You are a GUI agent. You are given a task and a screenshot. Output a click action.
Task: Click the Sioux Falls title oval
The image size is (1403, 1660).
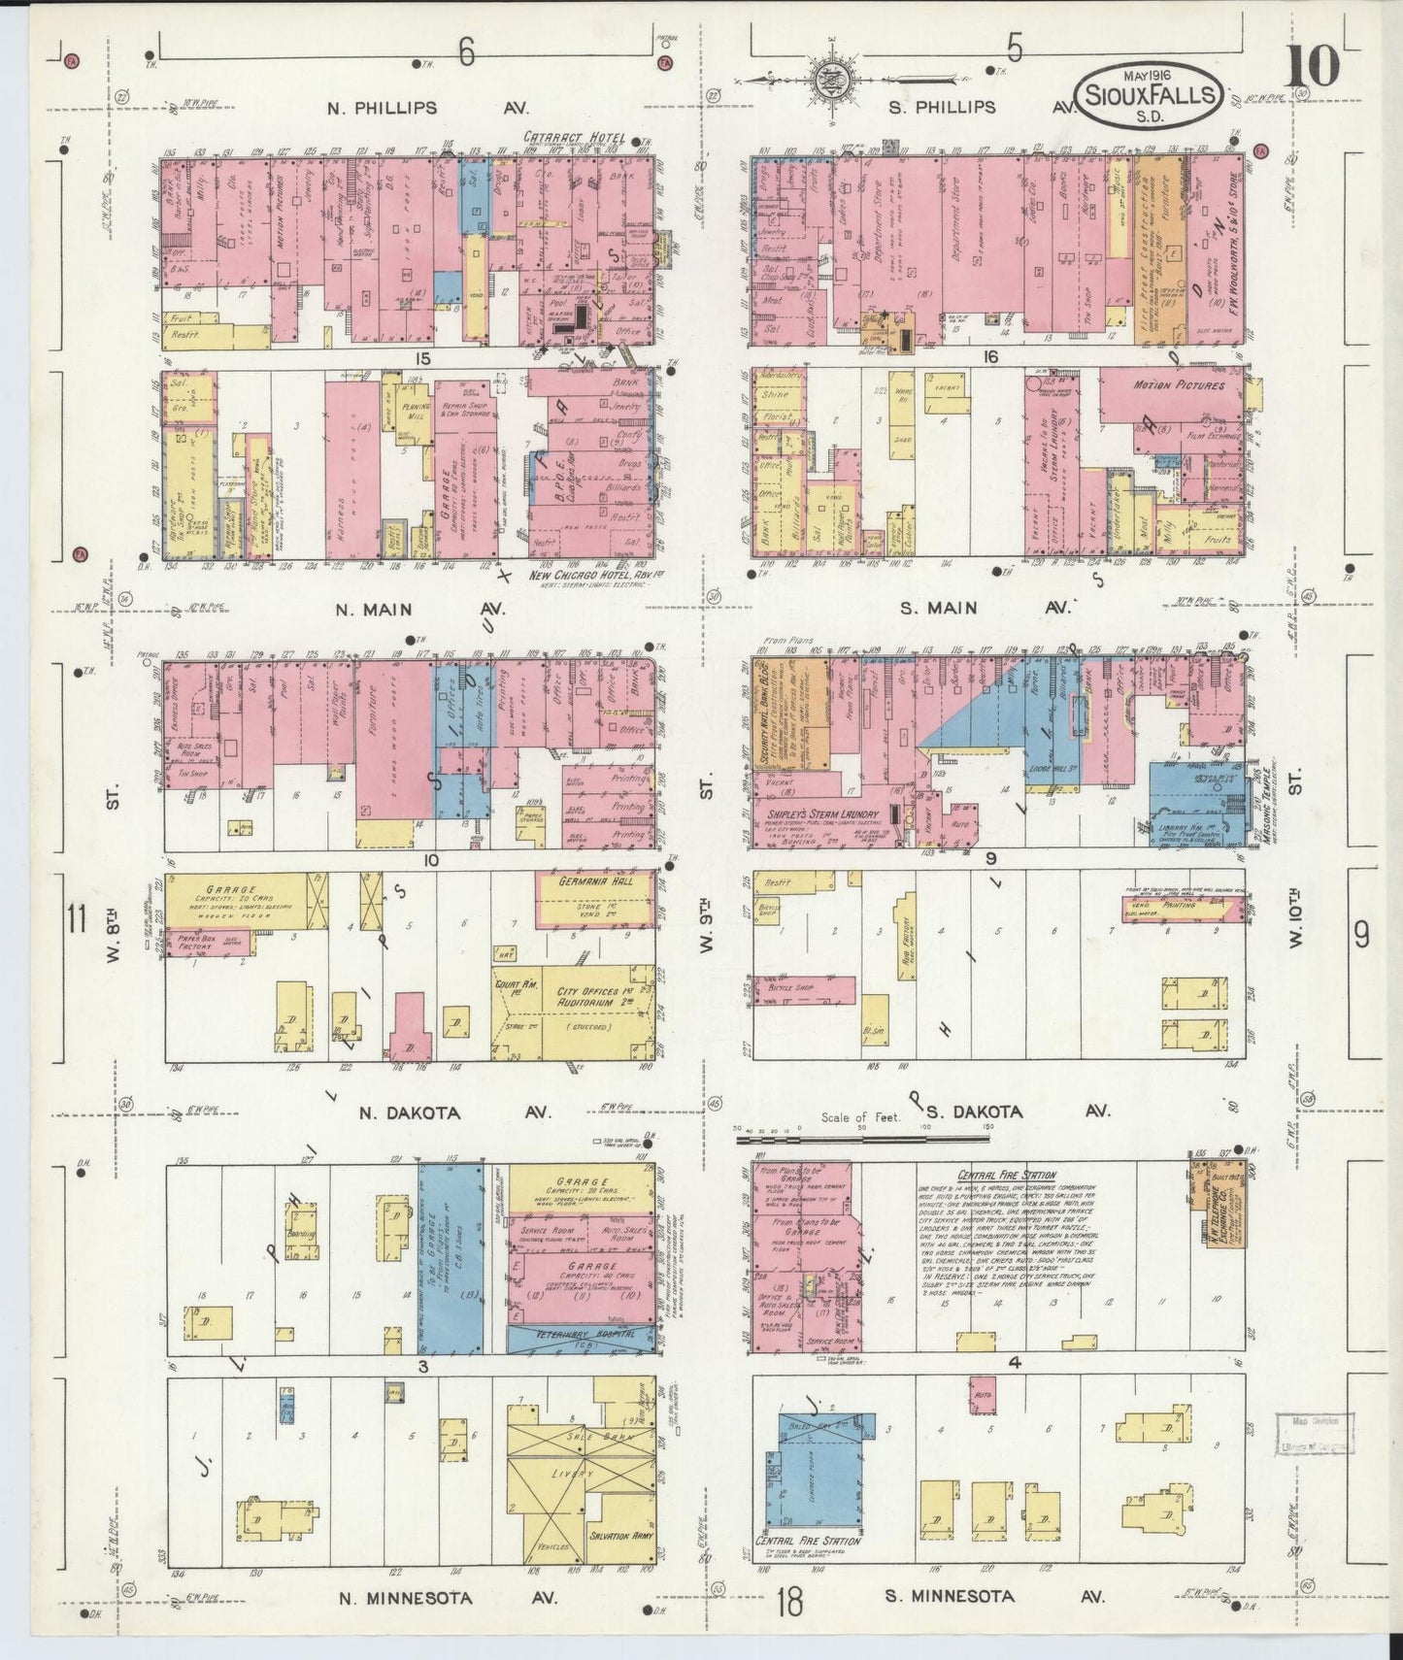(1151, 94)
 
